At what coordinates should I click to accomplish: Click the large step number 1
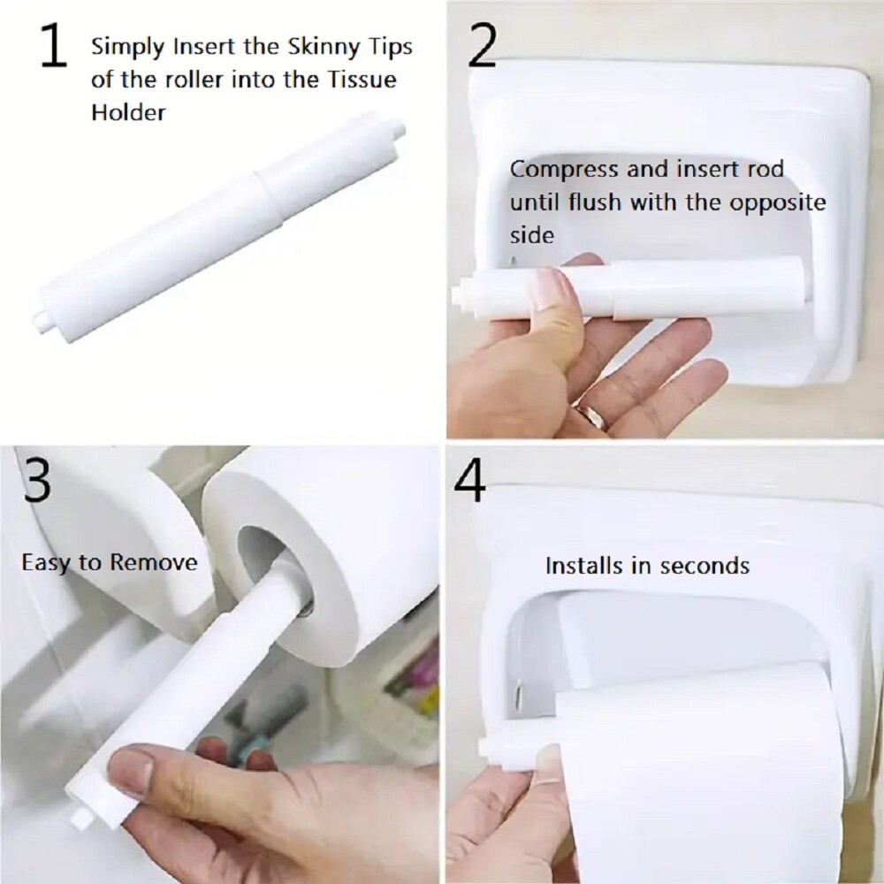click(x=54, y=49)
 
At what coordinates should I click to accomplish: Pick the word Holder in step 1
click(x=128, y=113)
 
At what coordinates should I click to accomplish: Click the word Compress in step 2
click(x=561, y=168)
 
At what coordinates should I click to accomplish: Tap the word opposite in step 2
click(x=779, y=202)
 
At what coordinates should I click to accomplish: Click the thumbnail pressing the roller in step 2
click(x=551, y=286)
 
